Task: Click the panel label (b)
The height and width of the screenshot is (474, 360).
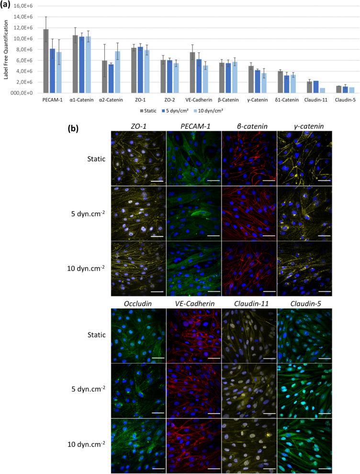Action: click(74, 128)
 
